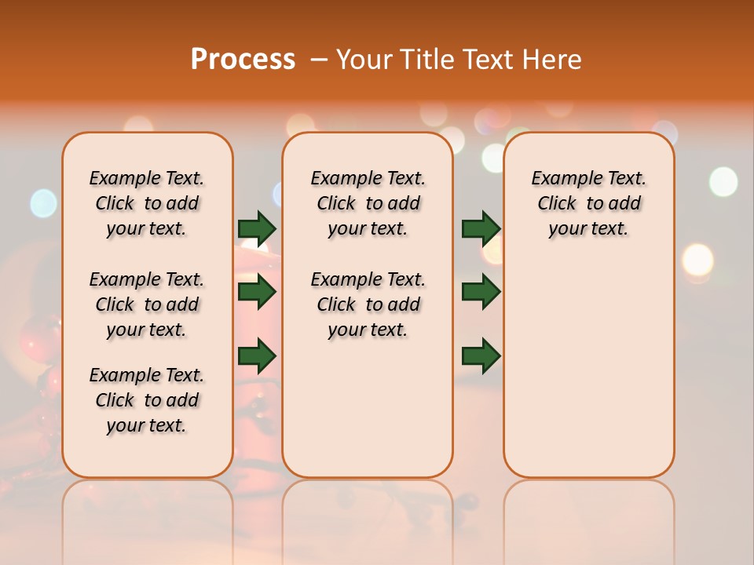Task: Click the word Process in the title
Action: [243, 59]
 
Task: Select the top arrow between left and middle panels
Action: [257, 228]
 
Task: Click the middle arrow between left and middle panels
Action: [257, 293]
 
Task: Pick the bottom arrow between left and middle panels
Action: [257, 355]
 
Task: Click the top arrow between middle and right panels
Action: [481, 228]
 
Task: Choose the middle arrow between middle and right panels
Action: [481, 293]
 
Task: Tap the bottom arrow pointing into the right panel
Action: [481, 355]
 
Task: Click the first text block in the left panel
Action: [147, 203]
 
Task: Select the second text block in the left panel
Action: [147, 304]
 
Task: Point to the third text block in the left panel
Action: [147, 400]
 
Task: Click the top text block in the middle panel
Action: [368, 203]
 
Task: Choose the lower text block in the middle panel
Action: [368, 304]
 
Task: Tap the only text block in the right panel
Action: [588, 203]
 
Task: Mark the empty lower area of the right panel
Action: [588, 369]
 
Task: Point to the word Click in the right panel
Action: [557, 204]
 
